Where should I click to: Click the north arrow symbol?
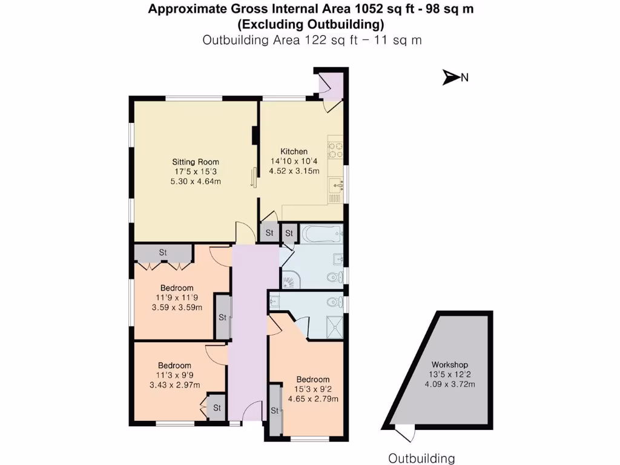[451, 77]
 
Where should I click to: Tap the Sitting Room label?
[196, 162]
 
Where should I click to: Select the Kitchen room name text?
[293, 151]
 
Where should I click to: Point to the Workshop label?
[450, 364]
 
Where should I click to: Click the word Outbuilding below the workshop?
[421, 458]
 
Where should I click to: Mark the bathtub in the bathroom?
[320, 233]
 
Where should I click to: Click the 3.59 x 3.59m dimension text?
[177, 307]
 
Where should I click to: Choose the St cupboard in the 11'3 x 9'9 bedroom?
[216, 407]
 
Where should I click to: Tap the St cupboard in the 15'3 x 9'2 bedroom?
[275, 410]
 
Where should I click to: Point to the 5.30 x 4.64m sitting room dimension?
[196, 181]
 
